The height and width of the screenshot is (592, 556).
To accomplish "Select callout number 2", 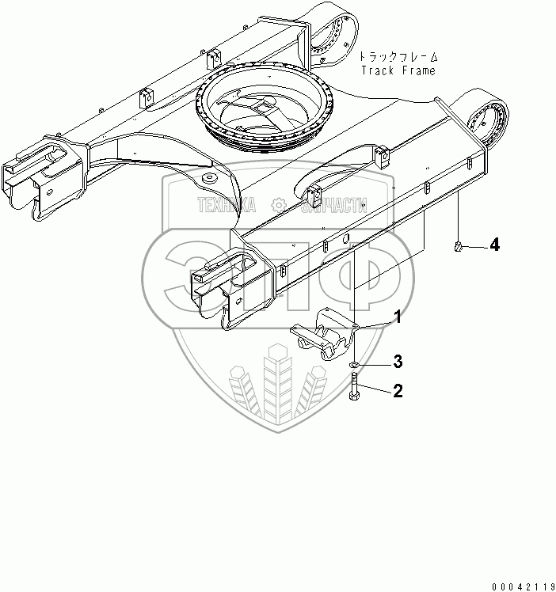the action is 398,389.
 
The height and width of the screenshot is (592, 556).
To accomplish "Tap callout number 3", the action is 398,362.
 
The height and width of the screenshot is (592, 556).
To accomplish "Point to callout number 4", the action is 493,245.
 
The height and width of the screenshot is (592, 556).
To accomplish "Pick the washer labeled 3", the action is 353,366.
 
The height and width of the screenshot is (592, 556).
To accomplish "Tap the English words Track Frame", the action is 398,70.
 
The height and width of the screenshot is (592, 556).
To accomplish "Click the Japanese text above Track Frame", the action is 398,57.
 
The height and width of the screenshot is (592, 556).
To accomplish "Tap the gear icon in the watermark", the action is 279,206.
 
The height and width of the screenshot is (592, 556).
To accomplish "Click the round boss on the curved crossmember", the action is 210,177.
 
